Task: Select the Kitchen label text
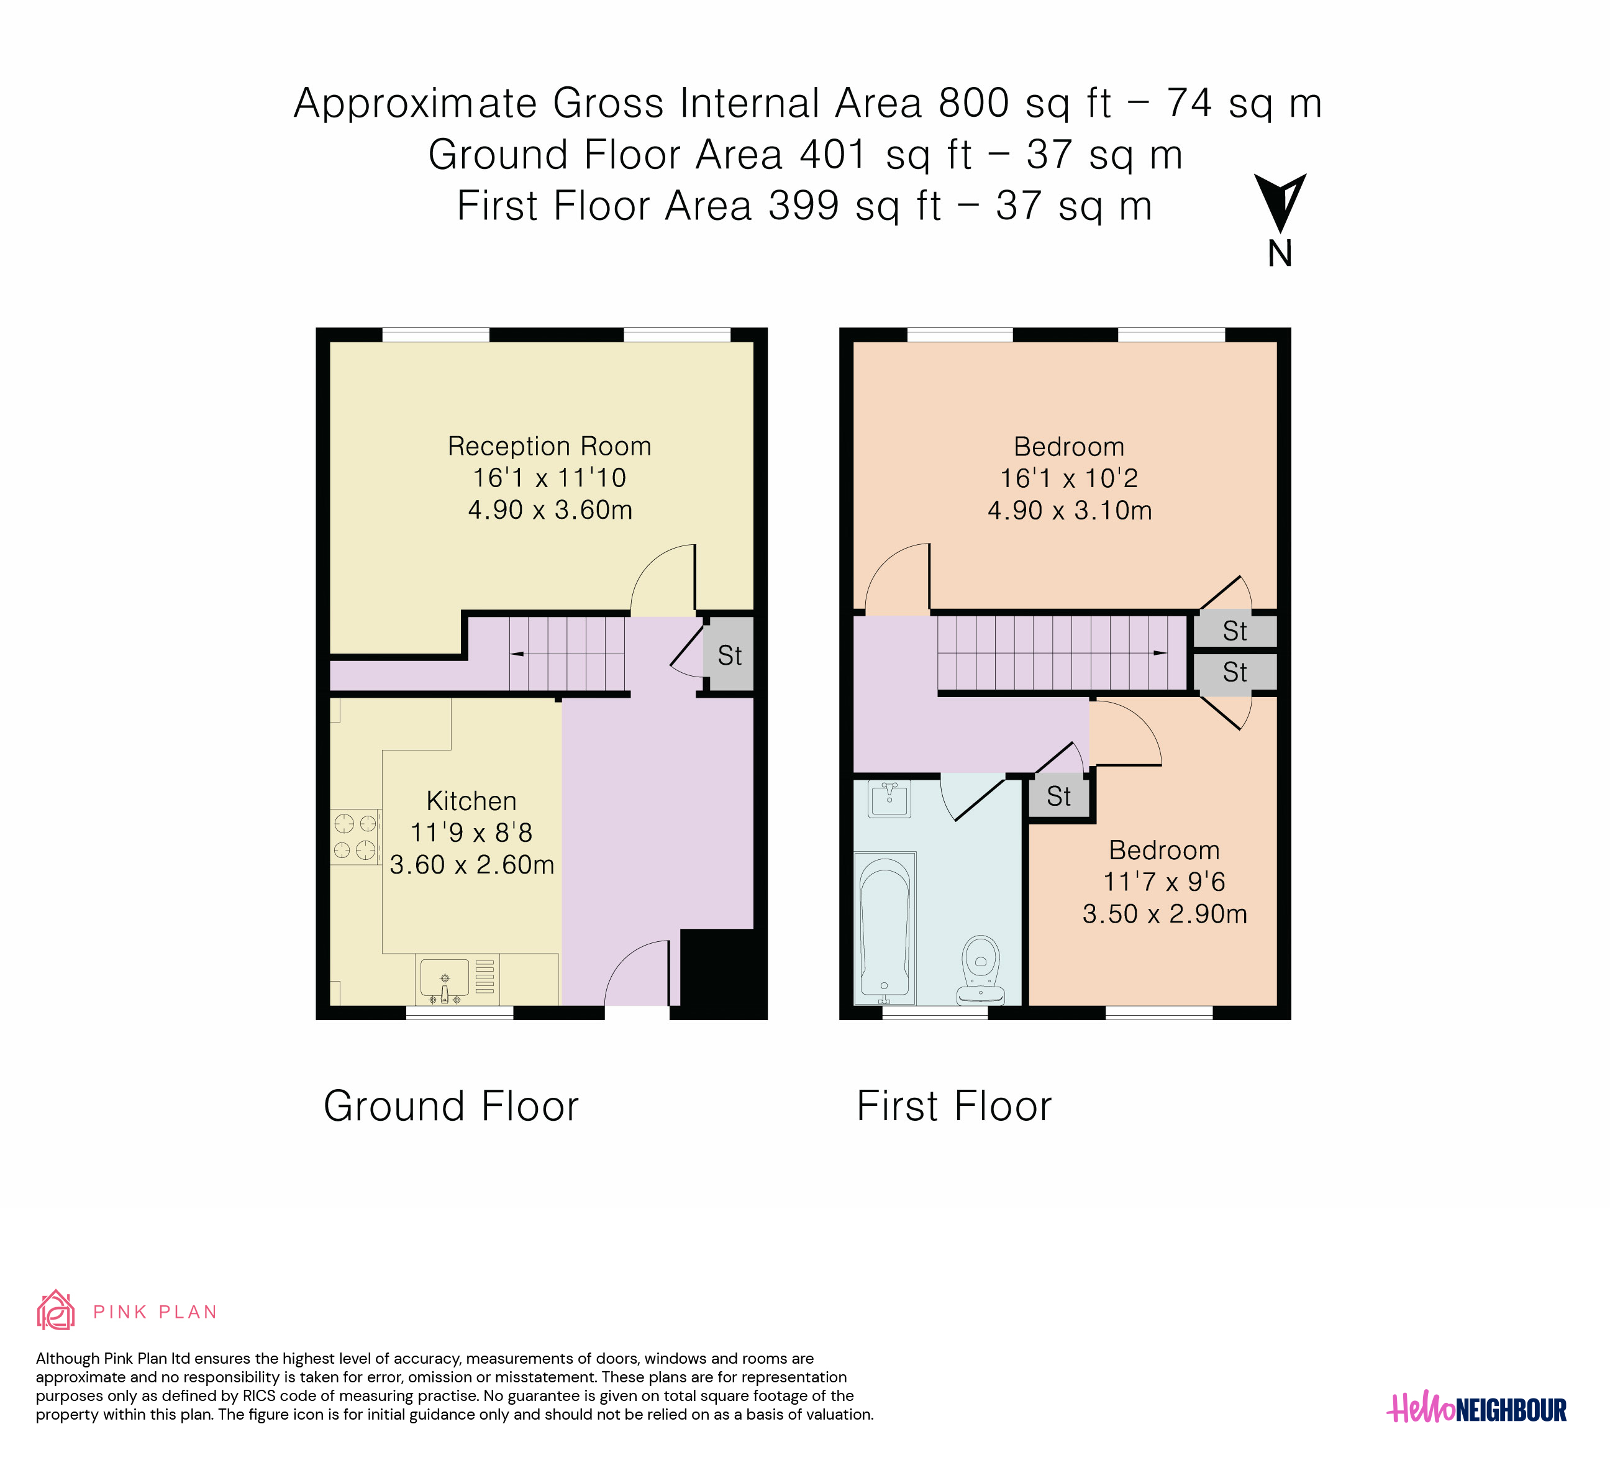click(x=471, y=800)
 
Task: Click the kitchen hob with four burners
click(x=355, y=837)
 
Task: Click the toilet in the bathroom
click(x=981, y=970)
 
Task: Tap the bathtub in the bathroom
click(x=885, y=928)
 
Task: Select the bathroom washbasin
click(x=889, y=799)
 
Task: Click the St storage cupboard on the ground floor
click(x=730, y=654)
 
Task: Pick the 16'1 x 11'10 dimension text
click(x=550, y=478)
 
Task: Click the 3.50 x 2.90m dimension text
click(x=1165, y=914)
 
